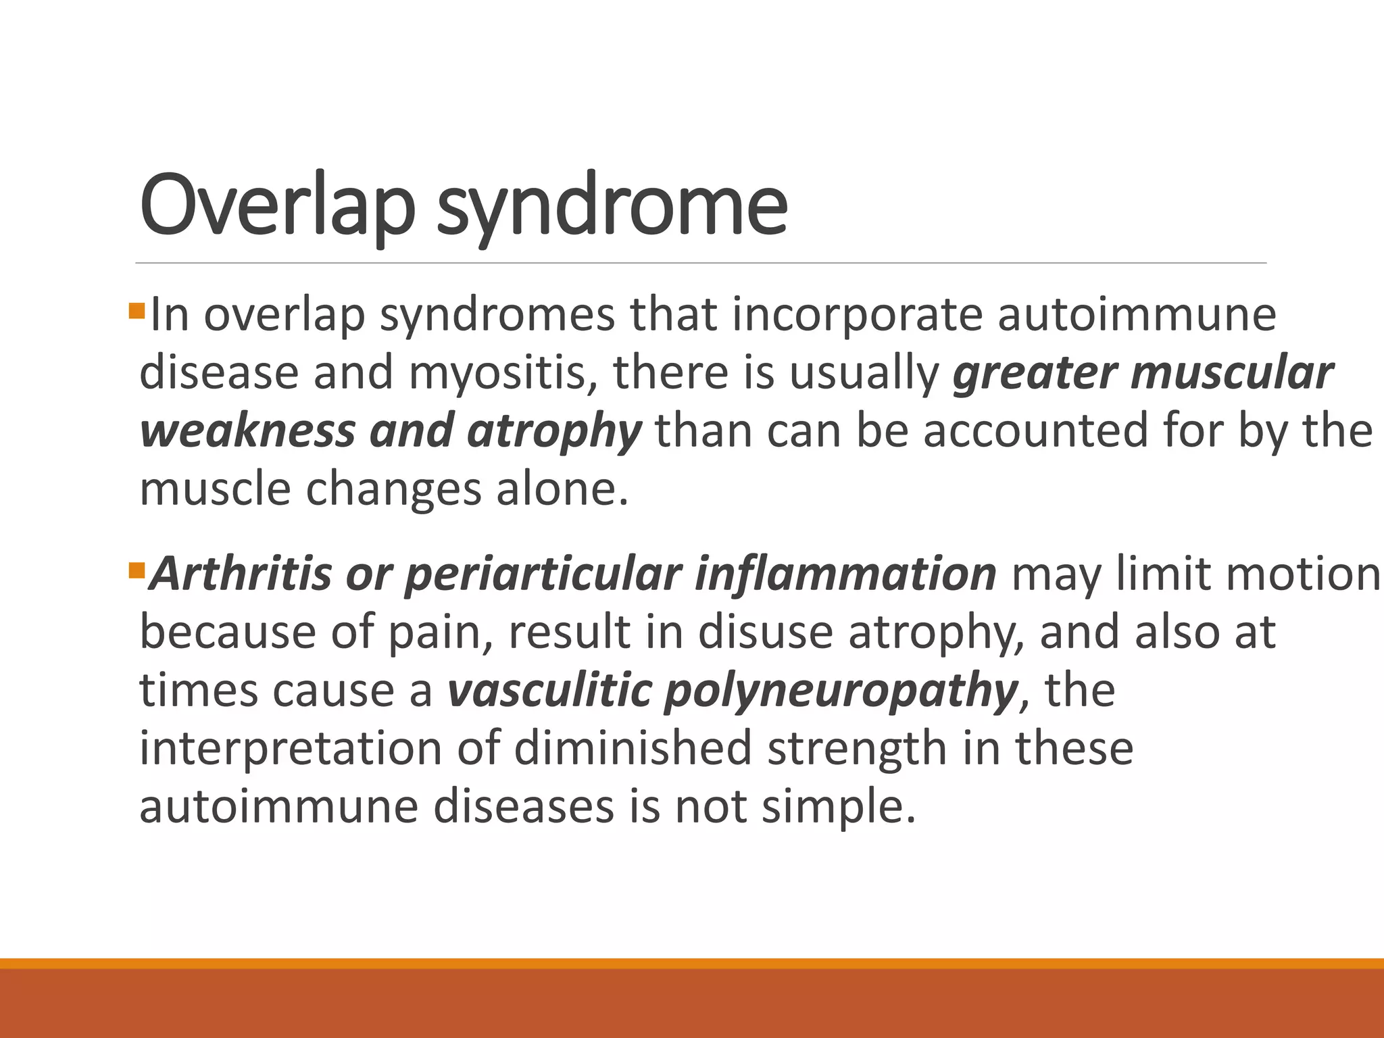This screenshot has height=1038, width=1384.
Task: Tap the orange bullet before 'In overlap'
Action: pyautogui.click(x=137, y=311)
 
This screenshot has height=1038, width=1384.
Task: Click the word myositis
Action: pyautogui.click(x=503, y=374)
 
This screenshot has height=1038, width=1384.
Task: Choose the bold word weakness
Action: pyautogui.click(x=247, y=431)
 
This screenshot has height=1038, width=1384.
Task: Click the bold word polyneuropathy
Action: pyautogui.click(x=841, y=691)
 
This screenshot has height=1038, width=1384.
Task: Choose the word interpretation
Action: pyautogui.click(x=290, y=749)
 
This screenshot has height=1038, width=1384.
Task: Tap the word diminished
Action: pyautogui.click(x=633, y=749)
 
